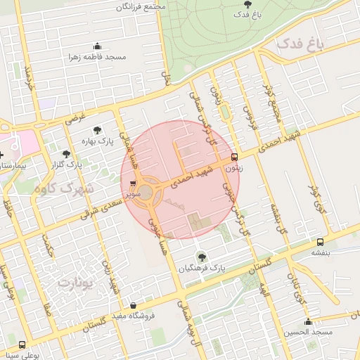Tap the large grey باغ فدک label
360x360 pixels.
tap(301, 45)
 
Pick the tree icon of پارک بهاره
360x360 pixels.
tap(96, 129)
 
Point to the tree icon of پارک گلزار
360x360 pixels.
tap(66, 153)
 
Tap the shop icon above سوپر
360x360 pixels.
tap(133, 184)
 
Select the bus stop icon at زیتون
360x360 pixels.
tap(235, 157)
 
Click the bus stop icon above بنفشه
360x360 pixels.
tap(320, 241)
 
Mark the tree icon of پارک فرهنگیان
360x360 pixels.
tap(202, 257)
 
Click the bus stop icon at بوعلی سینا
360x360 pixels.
tap(22, 345)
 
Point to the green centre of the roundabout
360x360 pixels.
tap(145, 198)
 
